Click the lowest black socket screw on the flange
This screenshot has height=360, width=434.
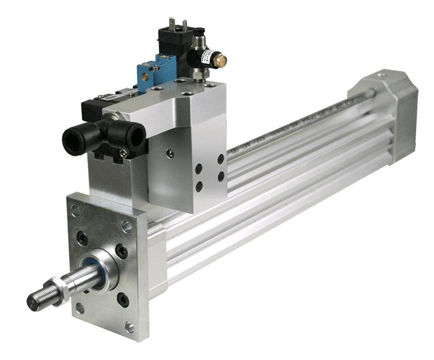click(122, 299)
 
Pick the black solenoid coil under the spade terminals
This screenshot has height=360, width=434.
click(174, 44)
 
